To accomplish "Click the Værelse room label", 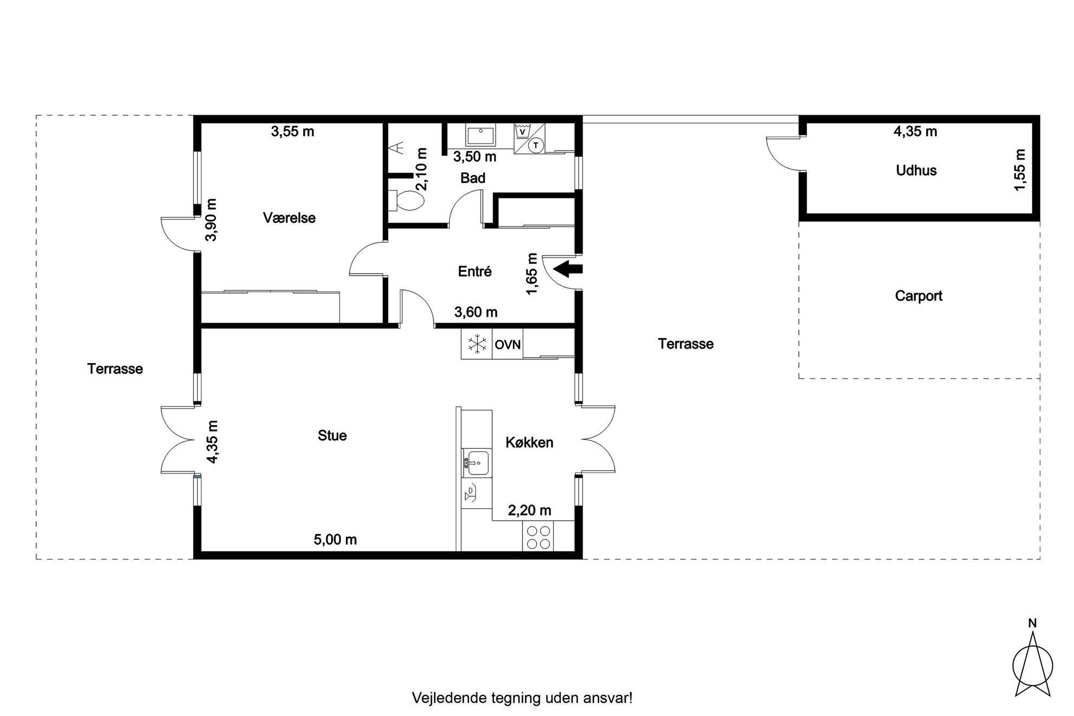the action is click(x=289, y=218).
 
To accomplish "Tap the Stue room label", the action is click(x=332, y=436).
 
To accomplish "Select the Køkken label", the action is click(x=529, y=442).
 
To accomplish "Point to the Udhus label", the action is click(x=916, y=170).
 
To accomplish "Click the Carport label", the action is click(x=919, y=296).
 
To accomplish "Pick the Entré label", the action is click(x=475, y=271).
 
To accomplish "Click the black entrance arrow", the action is click(x=567, y=268).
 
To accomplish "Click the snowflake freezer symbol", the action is click(x=477, y=344).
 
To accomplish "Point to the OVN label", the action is click(x=508, y=345).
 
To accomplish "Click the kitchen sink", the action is click(x=476, y=463).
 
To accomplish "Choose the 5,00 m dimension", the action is click(x=335, y=540).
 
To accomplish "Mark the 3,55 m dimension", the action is click(x=292, y=132).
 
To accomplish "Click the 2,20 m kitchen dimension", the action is click(x=529, y=510).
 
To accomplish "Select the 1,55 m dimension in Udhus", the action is click(x=1020, y=170).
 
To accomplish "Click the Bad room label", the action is click(x=473, y=178).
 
